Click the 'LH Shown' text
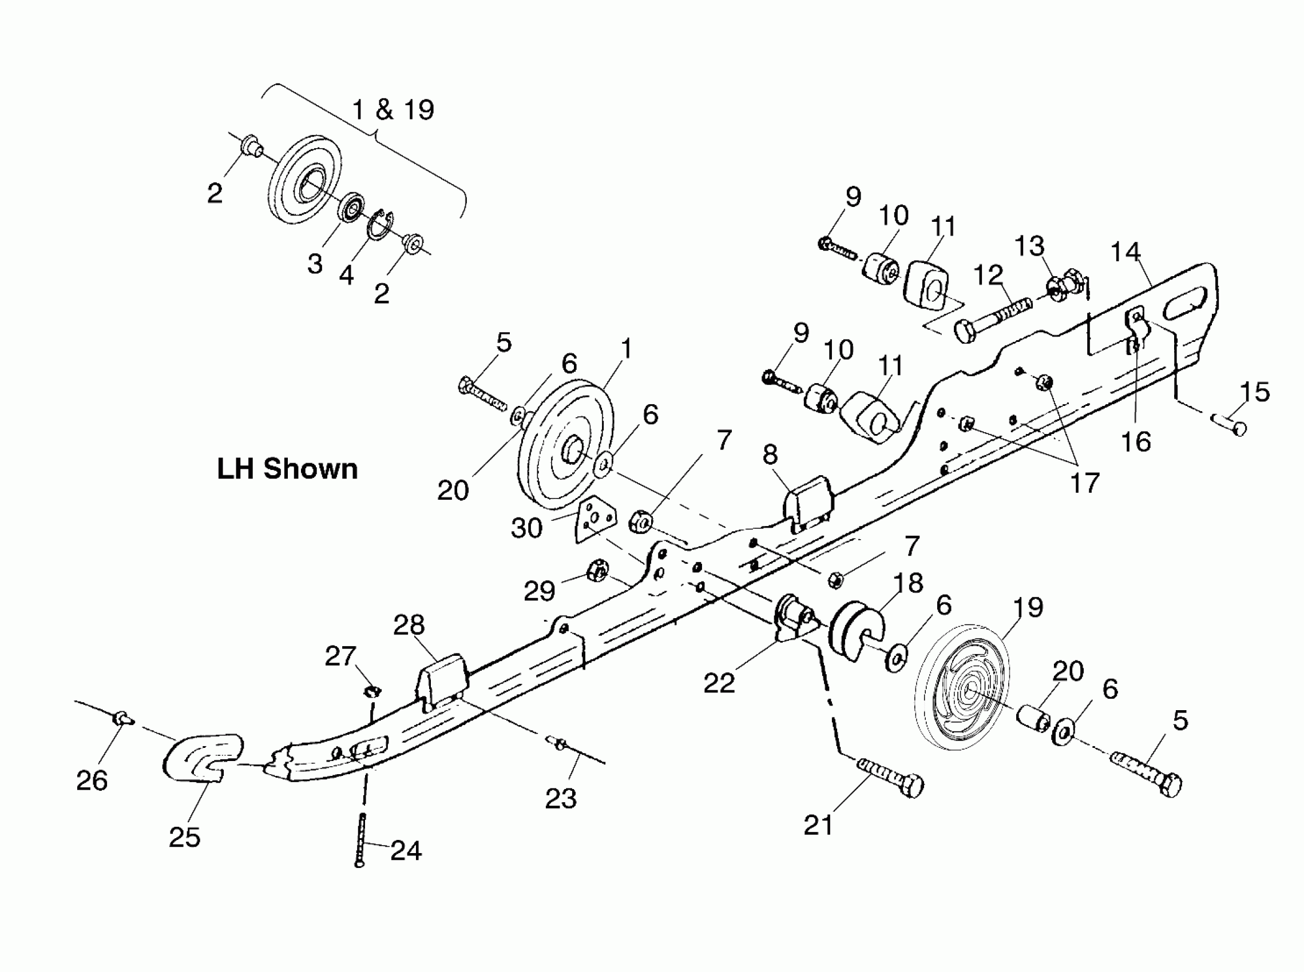(287, 469)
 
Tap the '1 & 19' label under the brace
(393, 110)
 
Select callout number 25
(184, 837)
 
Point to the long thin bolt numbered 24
(361, 841)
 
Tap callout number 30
(526, 528)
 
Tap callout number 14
(1125, 252)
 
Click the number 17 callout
(1084, 483)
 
